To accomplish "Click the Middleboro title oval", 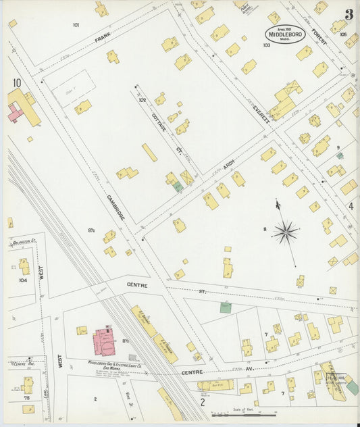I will tap(284, 34).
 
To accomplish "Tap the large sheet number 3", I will tap(349, 14).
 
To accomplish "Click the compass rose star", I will tap(286, 233).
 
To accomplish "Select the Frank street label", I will tap(103, 40).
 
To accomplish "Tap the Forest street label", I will tap(319, 40).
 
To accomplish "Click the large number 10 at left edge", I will tap(16, 83).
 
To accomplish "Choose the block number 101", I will tap(76, 25).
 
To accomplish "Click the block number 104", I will tap(23, 279).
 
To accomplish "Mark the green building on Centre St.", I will tap(226, 307).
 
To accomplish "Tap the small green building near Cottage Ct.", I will tap(178, 186).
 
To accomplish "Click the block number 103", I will tap(267, 45).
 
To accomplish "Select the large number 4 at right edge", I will tap(351, 206).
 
